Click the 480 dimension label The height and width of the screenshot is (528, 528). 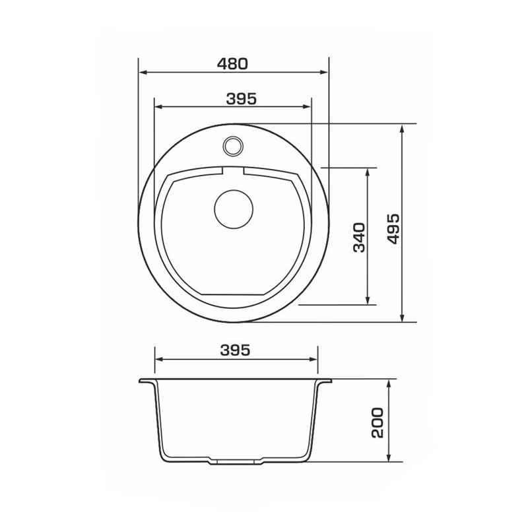232,64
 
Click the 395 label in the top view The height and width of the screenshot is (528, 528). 241,98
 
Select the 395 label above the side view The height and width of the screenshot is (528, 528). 236,350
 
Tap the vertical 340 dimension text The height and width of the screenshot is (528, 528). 359,238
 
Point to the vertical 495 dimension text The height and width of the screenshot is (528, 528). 393,228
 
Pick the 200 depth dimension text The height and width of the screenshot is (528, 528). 378,423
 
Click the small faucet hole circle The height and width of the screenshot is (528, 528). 233,146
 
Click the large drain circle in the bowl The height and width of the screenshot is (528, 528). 234,209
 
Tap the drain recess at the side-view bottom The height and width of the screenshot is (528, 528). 236,461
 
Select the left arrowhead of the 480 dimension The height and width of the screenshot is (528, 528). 143,72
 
